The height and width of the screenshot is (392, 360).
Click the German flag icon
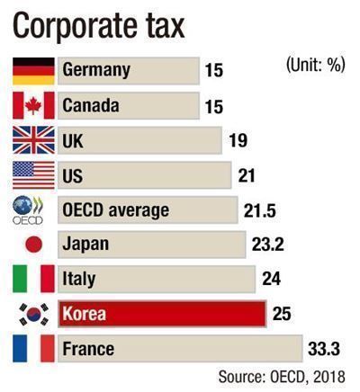(33, 71)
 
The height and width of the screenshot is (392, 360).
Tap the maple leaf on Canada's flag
(33, 106)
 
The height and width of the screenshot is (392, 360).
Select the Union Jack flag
(33, 140)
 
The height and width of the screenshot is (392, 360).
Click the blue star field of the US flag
(23, 169)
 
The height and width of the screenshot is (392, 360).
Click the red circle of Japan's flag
(34, 244)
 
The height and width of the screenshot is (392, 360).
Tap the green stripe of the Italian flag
(20, 279)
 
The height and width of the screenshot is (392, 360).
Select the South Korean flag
(33, 314)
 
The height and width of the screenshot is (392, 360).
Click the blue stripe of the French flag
(20, 349)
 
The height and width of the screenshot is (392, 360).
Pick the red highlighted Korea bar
(162, 314)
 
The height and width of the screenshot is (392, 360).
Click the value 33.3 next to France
(324, 350)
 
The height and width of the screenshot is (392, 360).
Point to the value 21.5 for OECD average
(260, 210)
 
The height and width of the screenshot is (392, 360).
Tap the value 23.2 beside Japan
(268, 245)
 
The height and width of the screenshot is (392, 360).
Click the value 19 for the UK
(238, 140)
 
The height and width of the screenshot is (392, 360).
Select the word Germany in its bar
(96, 71)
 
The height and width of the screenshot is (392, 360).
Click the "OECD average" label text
(116, 210)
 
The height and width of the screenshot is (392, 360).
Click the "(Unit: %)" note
(315, 65)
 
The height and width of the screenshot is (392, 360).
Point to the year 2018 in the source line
(329, 377)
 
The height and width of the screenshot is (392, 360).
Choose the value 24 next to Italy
(272, 279)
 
